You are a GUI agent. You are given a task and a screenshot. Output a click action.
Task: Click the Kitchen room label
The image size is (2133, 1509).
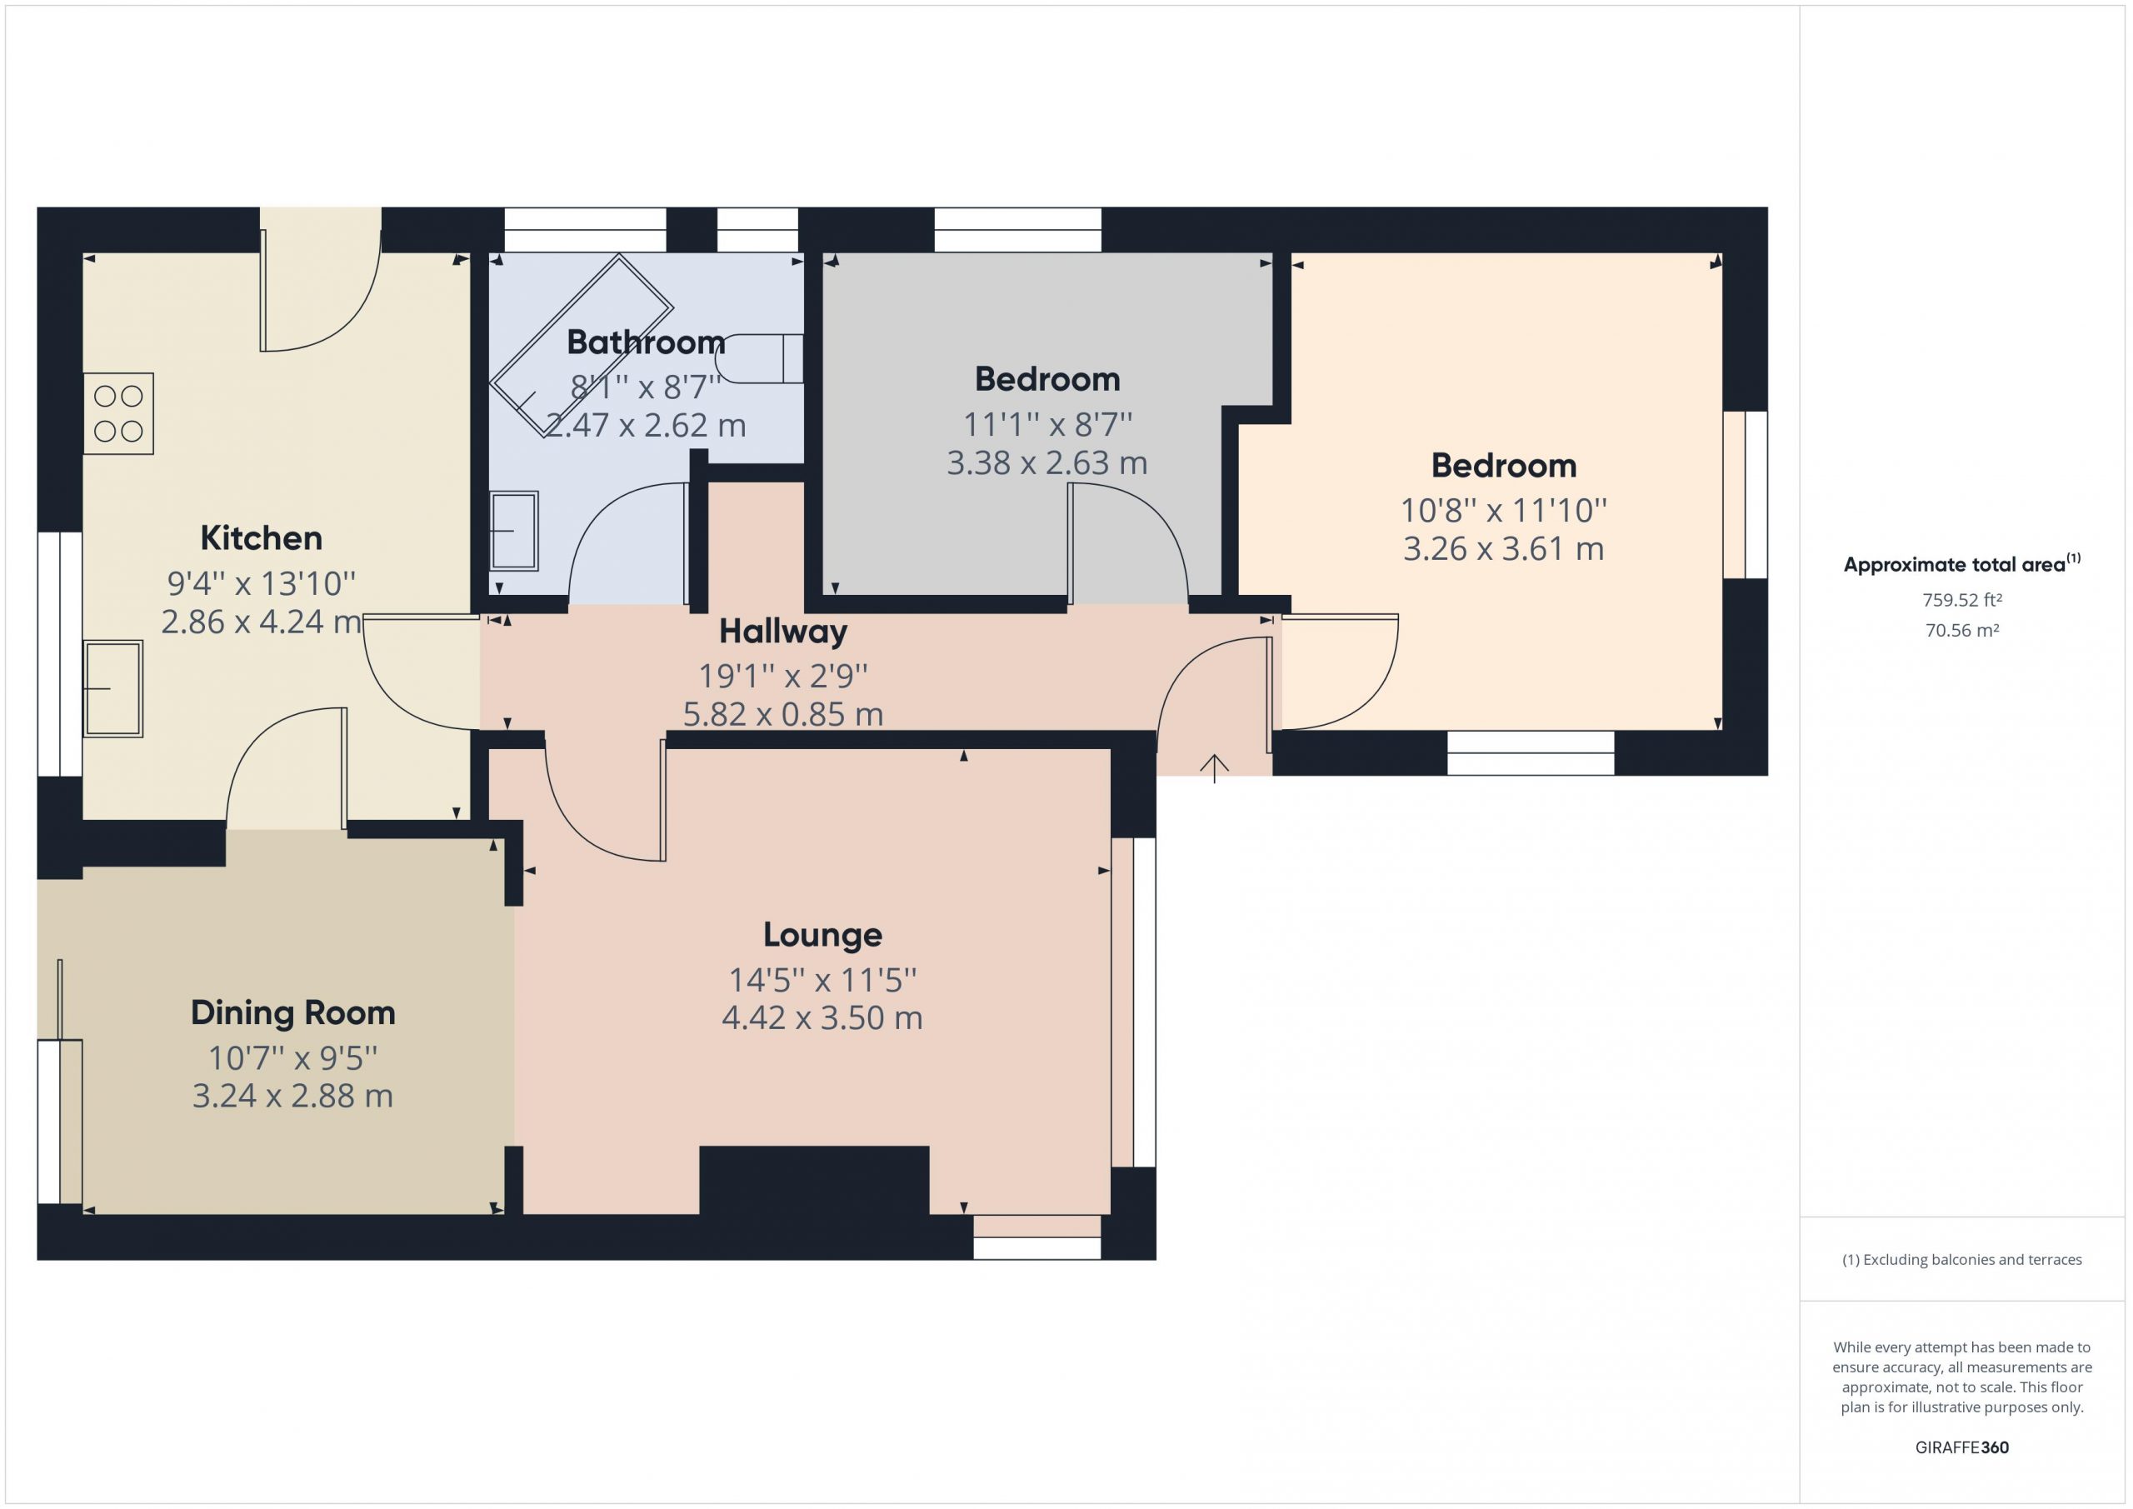(261, 538)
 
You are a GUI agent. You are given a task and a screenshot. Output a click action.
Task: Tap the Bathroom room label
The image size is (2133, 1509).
(646, 342)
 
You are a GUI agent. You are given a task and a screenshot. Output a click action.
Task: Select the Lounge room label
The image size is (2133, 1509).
(822, 935)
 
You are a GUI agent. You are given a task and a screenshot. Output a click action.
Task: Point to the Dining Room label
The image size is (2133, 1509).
(292, 1013)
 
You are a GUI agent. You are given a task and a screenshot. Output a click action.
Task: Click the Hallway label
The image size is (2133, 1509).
(783, 632)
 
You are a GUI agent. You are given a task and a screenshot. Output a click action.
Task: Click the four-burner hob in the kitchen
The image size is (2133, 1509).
(118, 413)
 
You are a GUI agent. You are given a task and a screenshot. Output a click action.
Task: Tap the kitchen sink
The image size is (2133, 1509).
(112, 688)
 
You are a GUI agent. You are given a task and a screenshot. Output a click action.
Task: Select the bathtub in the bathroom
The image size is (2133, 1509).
(582, 345)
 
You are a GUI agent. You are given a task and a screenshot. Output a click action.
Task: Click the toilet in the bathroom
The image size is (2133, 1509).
(759, 358)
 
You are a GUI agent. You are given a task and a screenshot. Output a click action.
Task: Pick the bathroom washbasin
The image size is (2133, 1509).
(514, 531)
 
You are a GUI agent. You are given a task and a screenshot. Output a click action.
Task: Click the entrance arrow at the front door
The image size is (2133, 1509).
(1214, 767)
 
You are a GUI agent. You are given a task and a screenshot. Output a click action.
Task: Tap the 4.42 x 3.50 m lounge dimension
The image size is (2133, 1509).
(822, 1018)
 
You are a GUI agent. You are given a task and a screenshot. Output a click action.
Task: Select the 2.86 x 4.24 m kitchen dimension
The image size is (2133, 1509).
(261, 622)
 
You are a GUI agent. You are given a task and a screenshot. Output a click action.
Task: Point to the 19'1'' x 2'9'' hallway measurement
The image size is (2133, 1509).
(783, 676)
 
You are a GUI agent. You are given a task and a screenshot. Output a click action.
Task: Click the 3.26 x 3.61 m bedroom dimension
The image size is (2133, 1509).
(1503, 549)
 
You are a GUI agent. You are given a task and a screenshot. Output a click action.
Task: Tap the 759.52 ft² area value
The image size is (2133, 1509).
(1962, 600)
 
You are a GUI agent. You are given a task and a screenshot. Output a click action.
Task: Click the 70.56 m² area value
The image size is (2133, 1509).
(1962, 630)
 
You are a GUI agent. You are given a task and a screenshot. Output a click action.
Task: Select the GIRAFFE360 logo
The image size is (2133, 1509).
(1962, 1447)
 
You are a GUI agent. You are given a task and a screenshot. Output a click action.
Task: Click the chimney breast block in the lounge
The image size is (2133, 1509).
(814, 1180)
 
